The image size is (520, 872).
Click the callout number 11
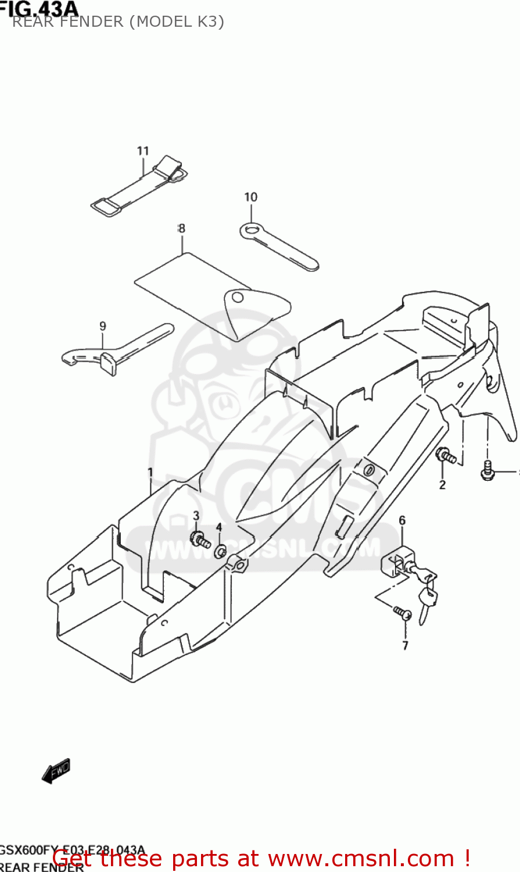tap(143, 151)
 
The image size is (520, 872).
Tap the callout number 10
tap(250, 197)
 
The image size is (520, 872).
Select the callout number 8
tap(181, 228)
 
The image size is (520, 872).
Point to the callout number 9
tap(103, 326)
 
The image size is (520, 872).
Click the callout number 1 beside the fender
tap(150, 472)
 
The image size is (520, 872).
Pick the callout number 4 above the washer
tap(219, 527)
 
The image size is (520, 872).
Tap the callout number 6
tap(402, 520)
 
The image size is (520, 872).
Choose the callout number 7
tap(405, 645)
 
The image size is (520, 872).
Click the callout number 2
tap(442, 485)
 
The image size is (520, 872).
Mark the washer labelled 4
tap(221, 551)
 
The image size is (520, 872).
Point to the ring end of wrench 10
tap(250, 231)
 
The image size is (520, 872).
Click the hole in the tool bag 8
tap(236, 298)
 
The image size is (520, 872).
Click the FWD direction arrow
tap(56, 771)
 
